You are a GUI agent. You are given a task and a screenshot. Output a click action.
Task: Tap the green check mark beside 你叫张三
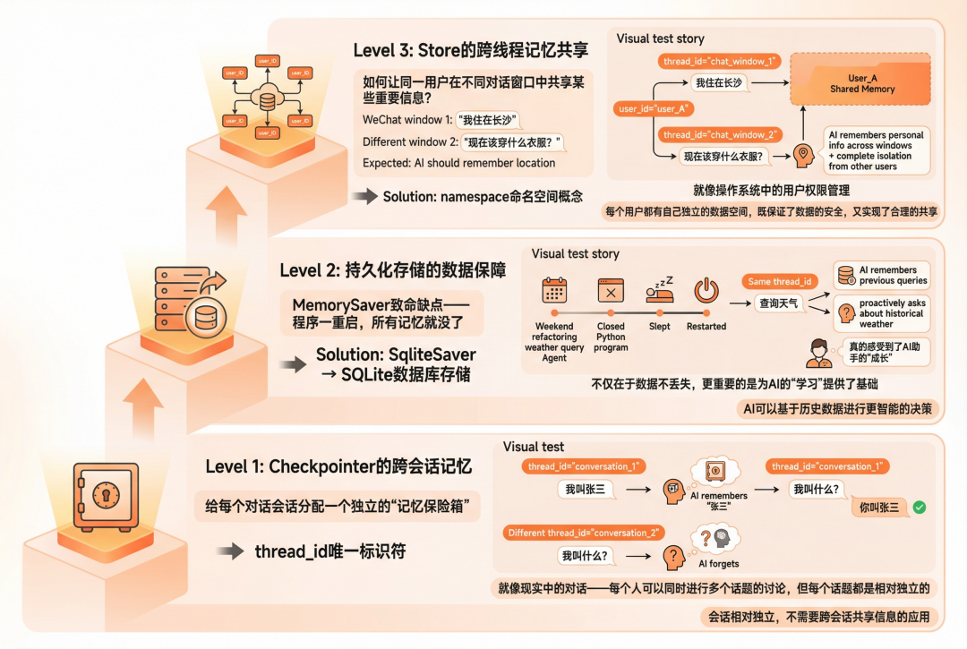[x=919, y=508]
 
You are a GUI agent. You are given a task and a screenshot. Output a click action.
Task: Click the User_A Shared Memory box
[x=862, y=83]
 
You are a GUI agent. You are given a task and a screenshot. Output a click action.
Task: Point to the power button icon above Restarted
[x=706, y=292]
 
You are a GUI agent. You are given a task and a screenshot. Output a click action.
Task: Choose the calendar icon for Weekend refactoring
[x=554, y=292]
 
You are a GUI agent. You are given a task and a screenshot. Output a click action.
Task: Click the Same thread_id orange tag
[x=780, y=281]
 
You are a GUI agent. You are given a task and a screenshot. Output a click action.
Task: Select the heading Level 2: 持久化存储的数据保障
[x=392, y=269]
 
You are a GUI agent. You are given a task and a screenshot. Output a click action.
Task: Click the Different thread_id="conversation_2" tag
[x=584, y=533]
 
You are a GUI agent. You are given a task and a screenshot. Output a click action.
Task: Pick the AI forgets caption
[x=719, y=564]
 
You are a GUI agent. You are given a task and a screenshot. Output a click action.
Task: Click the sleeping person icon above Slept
[x=660, y=292]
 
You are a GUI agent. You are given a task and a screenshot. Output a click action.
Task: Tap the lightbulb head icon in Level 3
[x=803, y=156]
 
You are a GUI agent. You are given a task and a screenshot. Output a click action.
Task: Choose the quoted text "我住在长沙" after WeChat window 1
[x=487, y=120]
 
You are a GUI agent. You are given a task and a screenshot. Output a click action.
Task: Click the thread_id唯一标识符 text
[x=329, y=551]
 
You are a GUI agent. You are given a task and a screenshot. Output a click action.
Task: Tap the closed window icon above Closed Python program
[x=611, y=292]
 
